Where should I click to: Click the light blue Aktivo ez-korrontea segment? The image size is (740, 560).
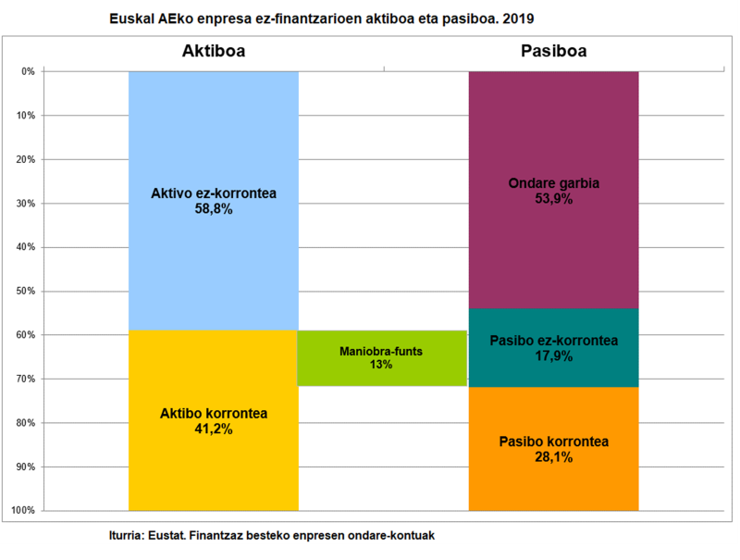point(213,139)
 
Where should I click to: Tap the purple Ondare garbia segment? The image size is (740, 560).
point(553,130)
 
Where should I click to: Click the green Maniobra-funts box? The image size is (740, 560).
point(381,358)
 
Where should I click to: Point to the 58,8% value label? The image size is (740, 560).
point(214,210)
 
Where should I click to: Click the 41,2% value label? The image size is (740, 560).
point(214,429)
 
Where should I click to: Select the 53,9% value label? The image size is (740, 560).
point(554,199)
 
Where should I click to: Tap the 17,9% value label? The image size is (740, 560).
point(554,356)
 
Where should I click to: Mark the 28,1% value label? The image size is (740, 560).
point(554,457)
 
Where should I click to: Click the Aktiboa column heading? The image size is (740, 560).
point(213,52)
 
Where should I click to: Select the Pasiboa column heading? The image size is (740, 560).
point(553,52)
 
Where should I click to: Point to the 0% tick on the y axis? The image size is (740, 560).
point(28,71)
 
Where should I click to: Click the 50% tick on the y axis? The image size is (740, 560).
point(26,291)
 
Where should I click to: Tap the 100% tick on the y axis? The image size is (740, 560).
point(24,511)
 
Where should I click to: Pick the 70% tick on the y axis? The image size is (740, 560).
point(26,379)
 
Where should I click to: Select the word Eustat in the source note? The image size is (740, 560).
point(164,536)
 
